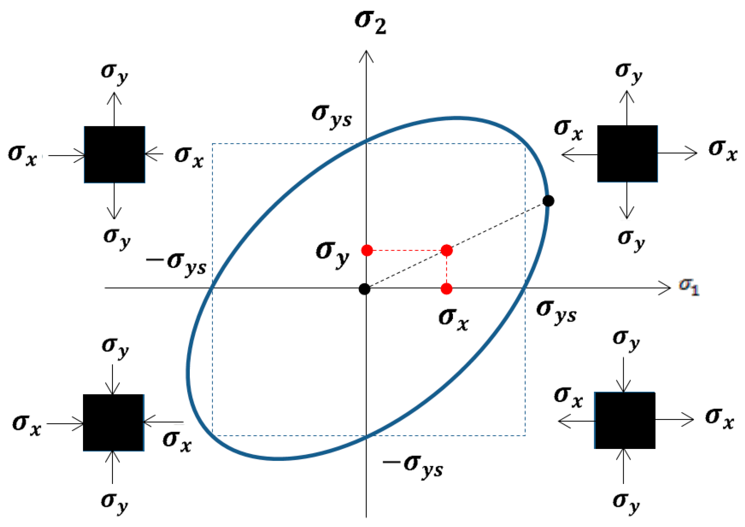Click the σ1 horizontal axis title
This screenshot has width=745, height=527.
coord(688,287)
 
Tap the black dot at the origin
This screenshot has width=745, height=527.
coord(364,289)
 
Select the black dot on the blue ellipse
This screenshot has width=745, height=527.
coord(548,201)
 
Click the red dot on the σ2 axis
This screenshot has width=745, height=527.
coord(367,250)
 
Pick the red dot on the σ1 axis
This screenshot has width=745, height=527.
coord(446,289)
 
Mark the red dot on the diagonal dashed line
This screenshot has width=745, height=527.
coord(446,250)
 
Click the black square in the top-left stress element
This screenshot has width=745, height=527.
coord(114,155)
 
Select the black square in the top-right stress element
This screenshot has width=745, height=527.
coord(628,154)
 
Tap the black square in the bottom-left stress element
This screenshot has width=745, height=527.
coord(113,423)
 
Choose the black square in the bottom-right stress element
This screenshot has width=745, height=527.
coord(624,420)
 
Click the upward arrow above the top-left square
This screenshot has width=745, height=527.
coord(114,109)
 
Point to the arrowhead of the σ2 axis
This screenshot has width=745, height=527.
coord(366,55)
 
